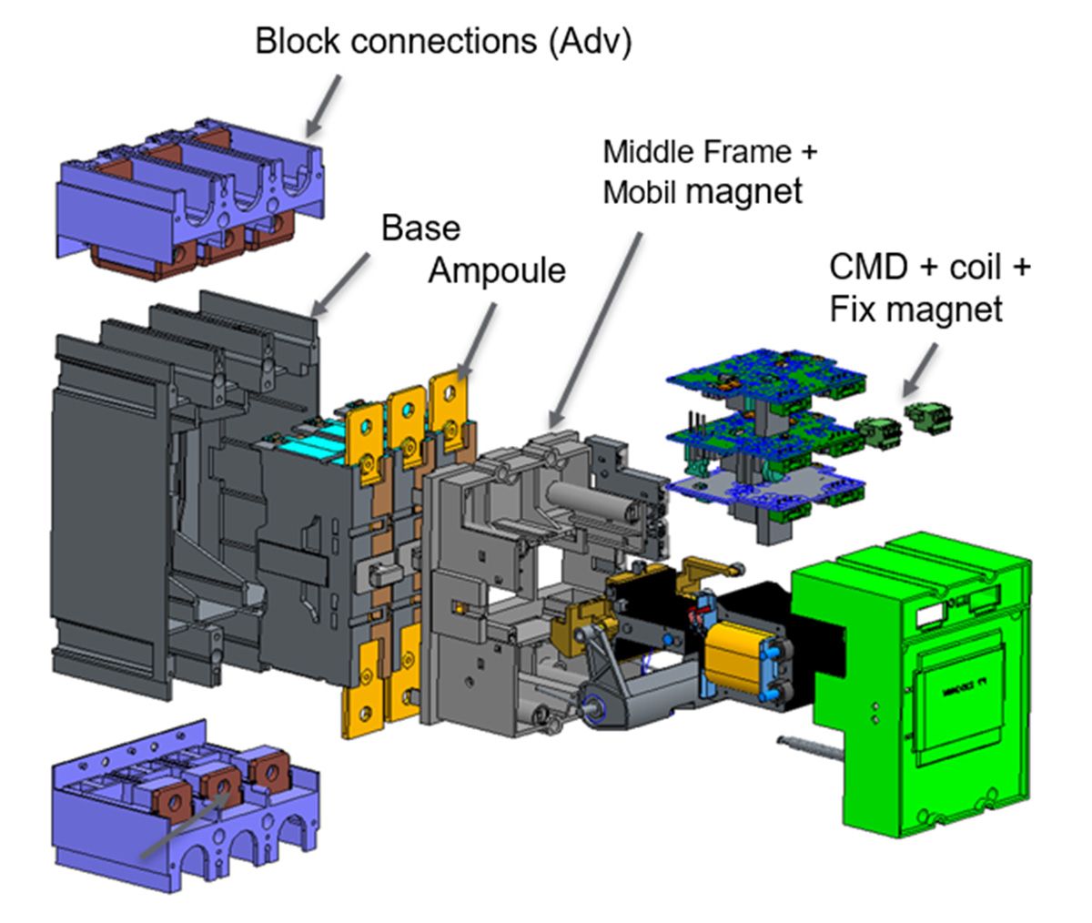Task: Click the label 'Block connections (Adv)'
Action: point(442,43)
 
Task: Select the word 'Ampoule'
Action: point(498,269)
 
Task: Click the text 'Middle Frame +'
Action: point(710,151)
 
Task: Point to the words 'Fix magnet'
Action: point(915,309)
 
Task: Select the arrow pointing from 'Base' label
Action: point(341,284)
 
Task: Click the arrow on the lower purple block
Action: point(181,825)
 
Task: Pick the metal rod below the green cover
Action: point(810,748)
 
